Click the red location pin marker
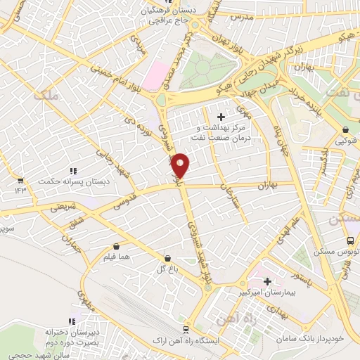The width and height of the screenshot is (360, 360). (x=181, y=165)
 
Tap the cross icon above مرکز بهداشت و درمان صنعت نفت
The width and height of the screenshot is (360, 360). (x=221, y=116)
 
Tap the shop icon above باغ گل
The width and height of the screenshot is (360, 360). (x=167, y=258)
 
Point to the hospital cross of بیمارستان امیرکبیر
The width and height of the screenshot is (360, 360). (x=267, y=281)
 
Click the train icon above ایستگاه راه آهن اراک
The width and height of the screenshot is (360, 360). (x=186, y=329)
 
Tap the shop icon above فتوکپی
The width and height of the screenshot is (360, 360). (x=346, y=130)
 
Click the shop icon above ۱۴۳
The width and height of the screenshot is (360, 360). (x=20, y=180)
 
